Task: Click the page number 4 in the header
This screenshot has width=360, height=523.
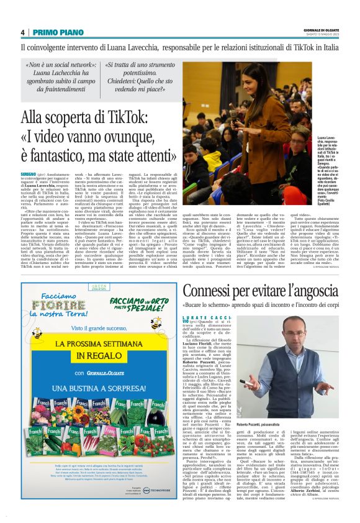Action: point(23,32)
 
